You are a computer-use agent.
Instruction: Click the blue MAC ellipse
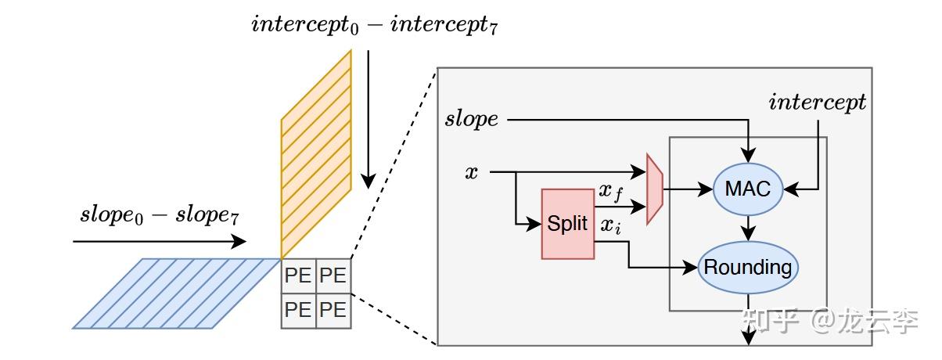(748, 189)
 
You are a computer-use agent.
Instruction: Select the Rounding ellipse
(748, 268)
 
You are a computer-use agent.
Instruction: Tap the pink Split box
(568, 224)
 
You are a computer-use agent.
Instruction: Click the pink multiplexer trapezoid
(655, 189)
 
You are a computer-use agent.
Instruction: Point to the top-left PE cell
(298, 276)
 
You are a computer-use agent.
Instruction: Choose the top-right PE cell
(333, 276)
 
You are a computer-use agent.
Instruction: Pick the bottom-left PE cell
(298, 311)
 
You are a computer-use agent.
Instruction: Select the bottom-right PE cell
(333, 311)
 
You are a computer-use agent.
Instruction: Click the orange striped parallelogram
(316, 154)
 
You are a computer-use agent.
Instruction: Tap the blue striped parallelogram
(177, 293)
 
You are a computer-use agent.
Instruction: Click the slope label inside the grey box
(472, 119)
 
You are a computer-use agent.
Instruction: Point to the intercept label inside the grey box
(817, 103)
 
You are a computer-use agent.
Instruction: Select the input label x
(472, 172)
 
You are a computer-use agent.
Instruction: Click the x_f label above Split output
(610, 193)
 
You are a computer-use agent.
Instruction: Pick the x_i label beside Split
(610, 226)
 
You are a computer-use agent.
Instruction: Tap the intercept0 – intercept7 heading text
(374, 25)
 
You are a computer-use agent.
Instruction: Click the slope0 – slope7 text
(160, 216)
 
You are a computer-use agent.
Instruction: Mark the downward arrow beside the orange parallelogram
(369, 120)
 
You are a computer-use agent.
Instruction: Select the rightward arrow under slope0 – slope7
(160, 241)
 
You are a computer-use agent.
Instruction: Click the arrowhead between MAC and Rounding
(748, 233)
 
